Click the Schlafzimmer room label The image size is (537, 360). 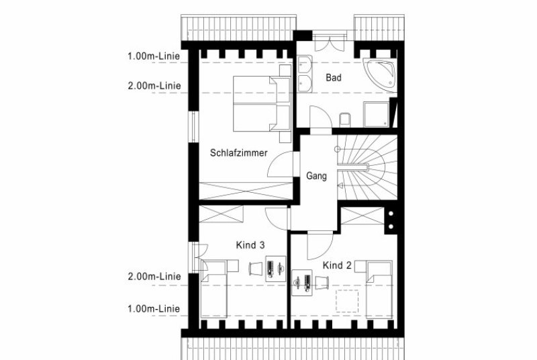pos(239,152)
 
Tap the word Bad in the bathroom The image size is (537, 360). pos(333,78)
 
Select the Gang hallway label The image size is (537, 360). pos(316,176)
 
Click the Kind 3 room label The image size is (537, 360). pos(250,245)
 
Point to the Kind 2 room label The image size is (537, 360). pos(338,265)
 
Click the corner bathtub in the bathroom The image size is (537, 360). pos(380,74)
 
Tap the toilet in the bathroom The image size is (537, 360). pos(345,119)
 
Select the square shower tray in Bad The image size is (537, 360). pos(376,114)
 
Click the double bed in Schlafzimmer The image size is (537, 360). pos(262,103)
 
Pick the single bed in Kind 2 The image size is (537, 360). pos(379,289)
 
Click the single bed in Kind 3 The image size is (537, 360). pos(213,289)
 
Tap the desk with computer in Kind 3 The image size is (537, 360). pos(276,269)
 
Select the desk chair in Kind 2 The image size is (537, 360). pos(322,283)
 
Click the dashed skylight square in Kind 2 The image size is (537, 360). pos(347,301)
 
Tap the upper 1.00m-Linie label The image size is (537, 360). pos(154,56)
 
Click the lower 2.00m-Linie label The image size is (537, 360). pos(154,277)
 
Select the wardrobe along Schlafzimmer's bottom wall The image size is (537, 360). pos(246,191)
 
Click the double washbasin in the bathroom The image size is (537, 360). pos(305,74)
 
